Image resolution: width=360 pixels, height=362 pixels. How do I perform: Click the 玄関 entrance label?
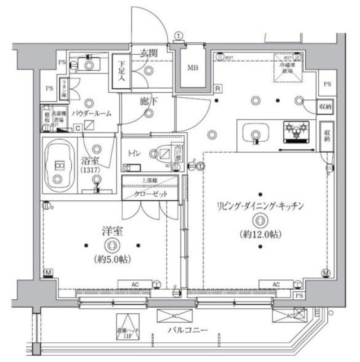pos(149,53)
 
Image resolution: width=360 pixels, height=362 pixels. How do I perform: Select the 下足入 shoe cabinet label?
pos(121,71)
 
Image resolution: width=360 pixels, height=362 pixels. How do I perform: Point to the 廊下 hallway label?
pos(149,102)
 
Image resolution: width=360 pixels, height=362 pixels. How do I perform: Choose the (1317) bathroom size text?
pos(89,170)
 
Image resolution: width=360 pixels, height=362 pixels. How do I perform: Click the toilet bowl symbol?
pos(161,153)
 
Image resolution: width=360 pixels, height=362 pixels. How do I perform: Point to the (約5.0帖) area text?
pos(111,260)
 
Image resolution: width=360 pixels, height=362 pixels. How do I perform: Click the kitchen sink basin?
pos(252,135)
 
